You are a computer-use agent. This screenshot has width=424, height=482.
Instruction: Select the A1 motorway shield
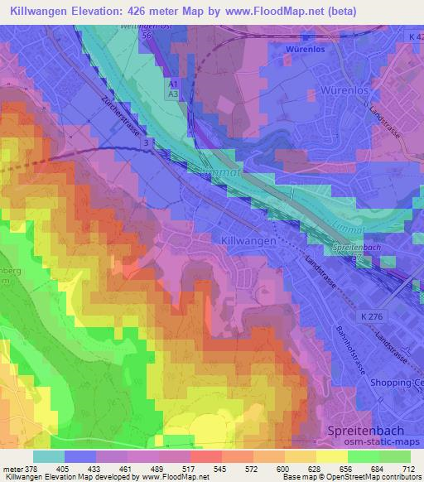click(173, 84)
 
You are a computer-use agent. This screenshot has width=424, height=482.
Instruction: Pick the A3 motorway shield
click(173, 95)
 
